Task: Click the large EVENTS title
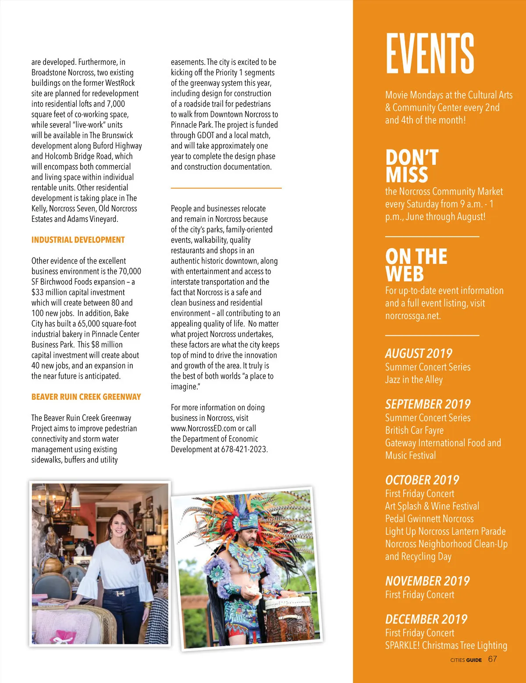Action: coord(430,53)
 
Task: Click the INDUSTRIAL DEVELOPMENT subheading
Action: coord(78,240)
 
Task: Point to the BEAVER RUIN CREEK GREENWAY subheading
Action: coord(86,397)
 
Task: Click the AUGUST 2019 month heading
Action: coord(418,353)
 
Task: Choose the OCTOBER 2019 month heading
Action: coord(422,480)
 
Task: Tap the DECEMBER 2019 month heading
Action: coord(426,619)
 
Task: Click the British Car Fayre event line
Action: coord(414,430)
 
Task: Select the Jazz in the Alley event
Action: coord(414,380)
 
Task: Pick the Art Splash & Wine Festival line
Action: coord(432,506)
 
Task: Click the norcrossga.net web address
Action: coord(412,316)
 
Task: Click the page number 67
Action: coord(492,659)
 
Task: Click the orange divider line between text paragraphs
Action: coord(226,188)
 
